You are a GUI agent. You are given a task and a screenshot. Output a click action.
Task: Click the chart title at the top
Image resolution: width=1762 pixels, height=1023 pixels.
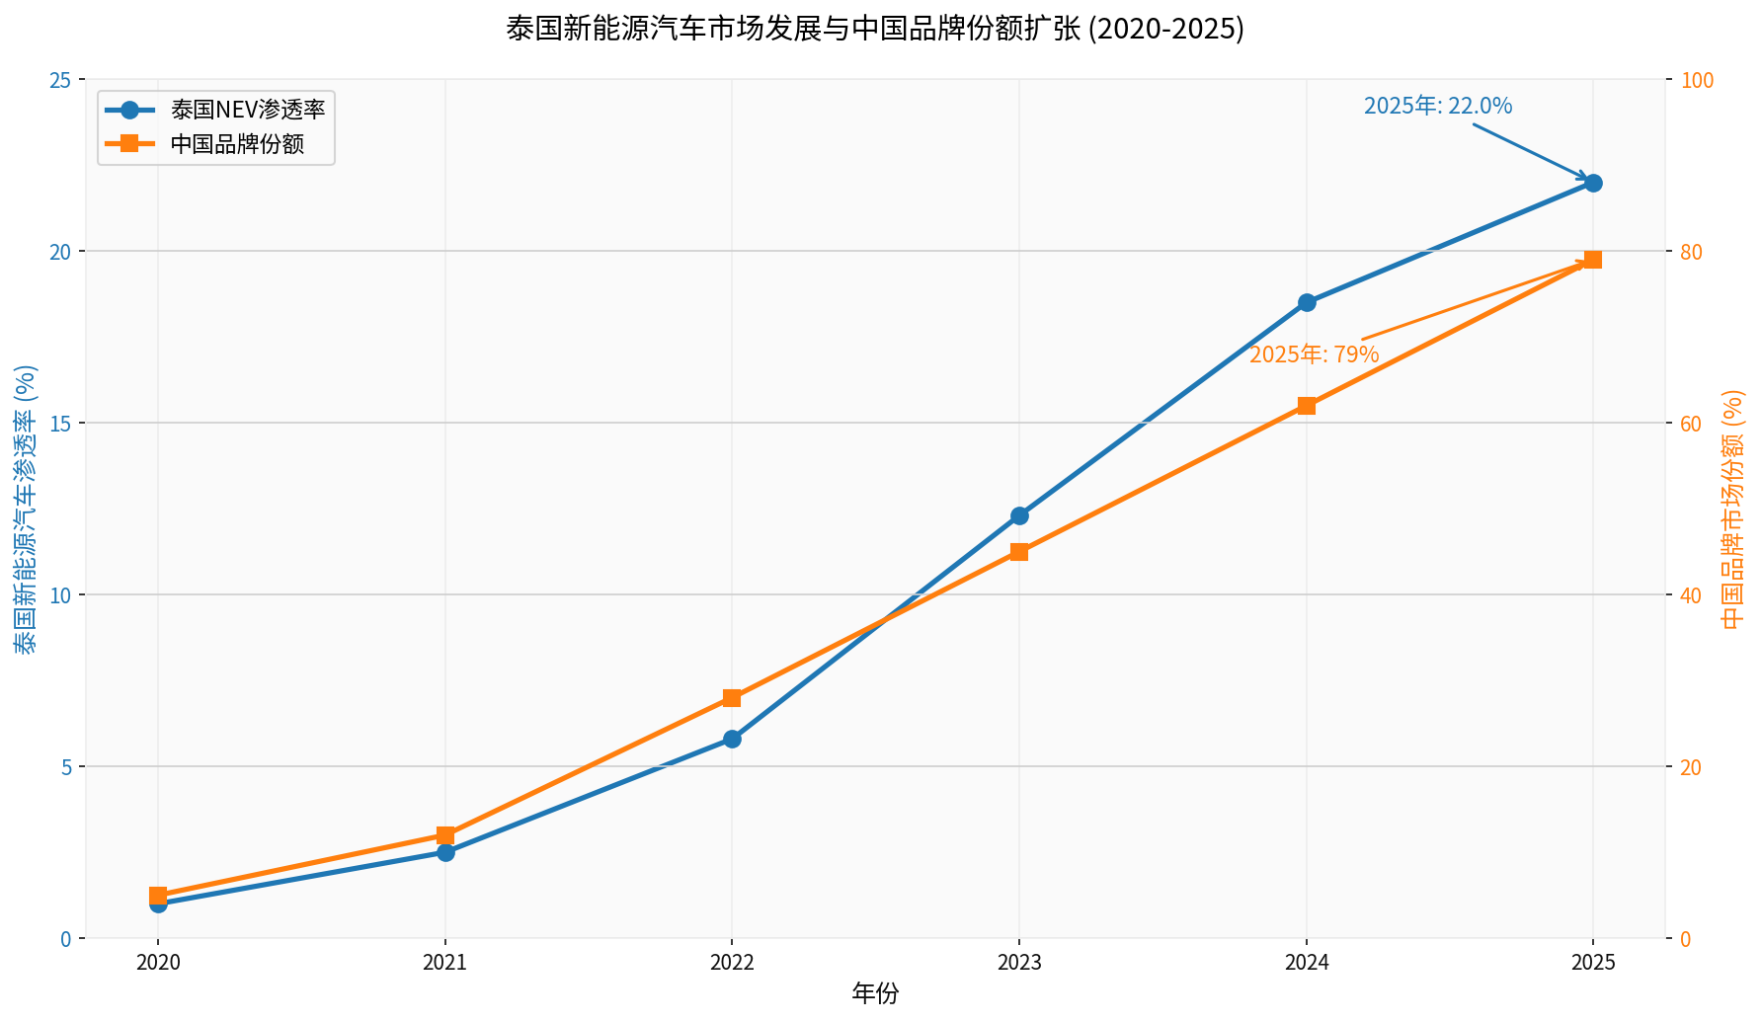coord(875,29)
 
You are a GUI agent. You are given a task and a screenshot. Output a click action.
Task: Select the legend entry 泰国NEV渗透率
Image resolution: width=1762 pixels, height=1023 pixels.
coord(247,110)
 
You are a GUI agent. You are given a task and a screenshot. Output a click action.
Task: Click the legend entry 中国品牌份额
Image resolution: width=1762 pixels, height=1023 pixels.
coord(236,144)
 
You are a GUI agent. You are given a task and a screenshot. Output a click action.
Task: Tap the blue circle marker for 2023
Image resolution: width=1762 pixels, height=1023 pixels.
coord(1019,515)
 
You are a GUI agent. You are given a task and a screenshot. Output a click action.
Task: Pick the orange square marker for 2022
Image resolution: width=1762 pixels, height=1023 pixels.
coord(732,698)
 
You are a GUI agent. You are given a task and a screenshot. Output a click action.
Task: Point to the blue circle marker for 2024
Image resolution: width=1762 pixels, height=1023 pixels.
coord(1307,302)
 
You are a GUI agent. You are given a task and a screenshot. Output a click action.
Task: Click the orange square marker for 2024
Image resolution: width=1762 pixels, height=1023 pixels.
coord(1307,406)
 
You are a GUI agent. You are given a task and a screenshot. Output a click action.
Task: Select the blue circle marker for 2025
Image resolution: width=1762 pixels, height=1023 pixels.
coord(1593,183)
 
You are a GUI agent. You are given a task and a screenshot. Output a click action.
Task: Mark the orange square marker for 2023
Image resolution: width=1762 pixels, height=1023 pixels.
coord(1019,552)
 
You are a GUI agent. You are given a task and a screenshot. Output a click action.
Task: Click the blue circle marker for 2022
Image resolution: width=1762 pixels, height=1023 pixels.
coord(732,739)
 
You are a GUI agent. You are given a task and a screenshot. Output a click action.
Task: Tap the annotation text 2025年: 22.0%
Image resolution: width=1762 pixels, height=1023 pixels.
coord(1438,107)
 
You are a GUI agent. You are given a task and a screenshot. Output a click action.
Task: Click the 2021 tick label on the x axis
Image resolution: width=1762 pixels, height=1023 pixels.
coord(445,963)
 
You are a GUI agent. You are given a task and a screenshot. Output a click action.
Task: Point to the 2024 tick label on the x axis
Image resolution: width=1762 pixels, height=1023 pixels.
coord(1307,963)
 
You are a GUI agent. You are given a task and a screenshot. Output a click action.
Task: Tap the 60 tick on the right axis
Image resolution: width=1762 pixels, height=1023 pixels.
coord(1690,424)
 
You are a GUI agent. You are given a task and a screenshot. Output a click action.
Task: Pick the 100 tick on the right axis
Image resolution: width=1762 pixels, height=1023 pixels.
coord(1694,80)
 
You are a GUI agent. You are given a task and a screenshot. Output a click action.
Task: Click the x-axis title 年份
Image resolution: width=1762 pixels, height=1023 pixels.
coord(875,994)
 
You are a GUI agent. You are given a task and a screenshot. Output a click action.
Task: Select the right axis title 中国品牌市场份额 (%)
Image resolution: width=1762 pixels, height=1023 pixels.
coord(1733,509)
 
